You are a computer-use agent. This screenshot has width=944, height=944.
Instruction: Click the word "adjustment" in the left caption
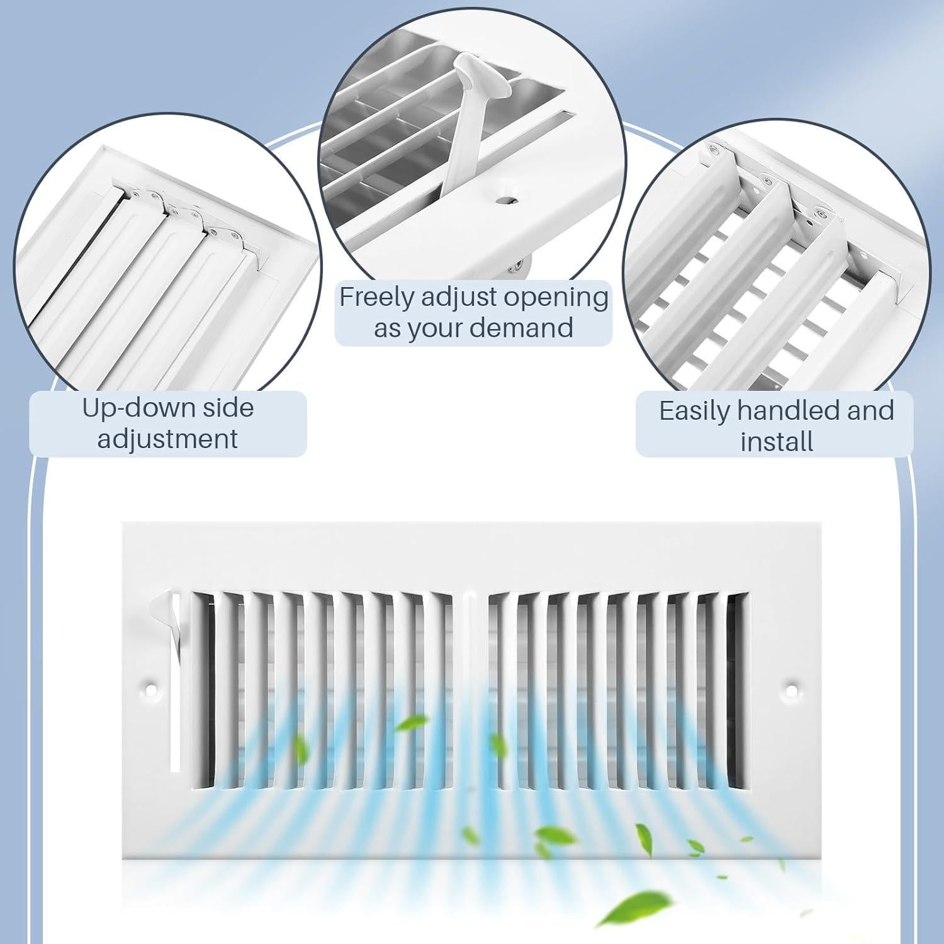[167, 439]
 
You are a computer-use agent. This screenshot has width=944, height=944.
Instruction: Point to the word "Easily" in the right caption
[694, 411]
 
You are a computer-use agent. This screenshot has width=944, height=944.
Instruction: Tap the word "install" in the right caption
[777, 441]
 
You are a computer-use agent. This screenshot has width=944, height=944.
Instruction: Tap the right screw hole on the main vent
[792, 690]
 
